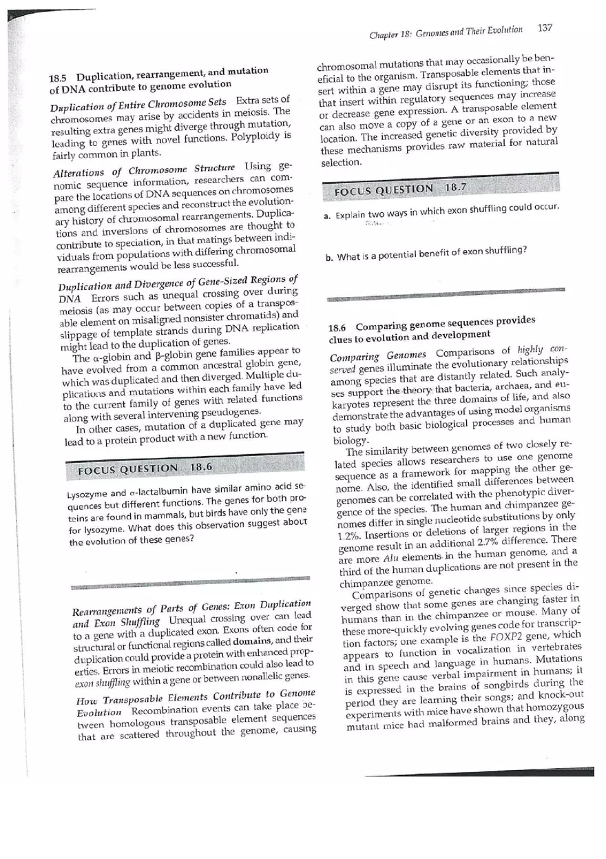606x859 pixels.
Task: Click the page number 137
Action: coord(545,28)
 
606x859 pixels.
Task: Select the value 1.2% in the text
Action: coord(349,535)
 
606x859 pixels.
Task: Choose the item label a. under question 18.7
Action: coord(328,216)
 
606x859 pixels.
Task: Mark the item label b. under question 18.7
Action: coord(330,259)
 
